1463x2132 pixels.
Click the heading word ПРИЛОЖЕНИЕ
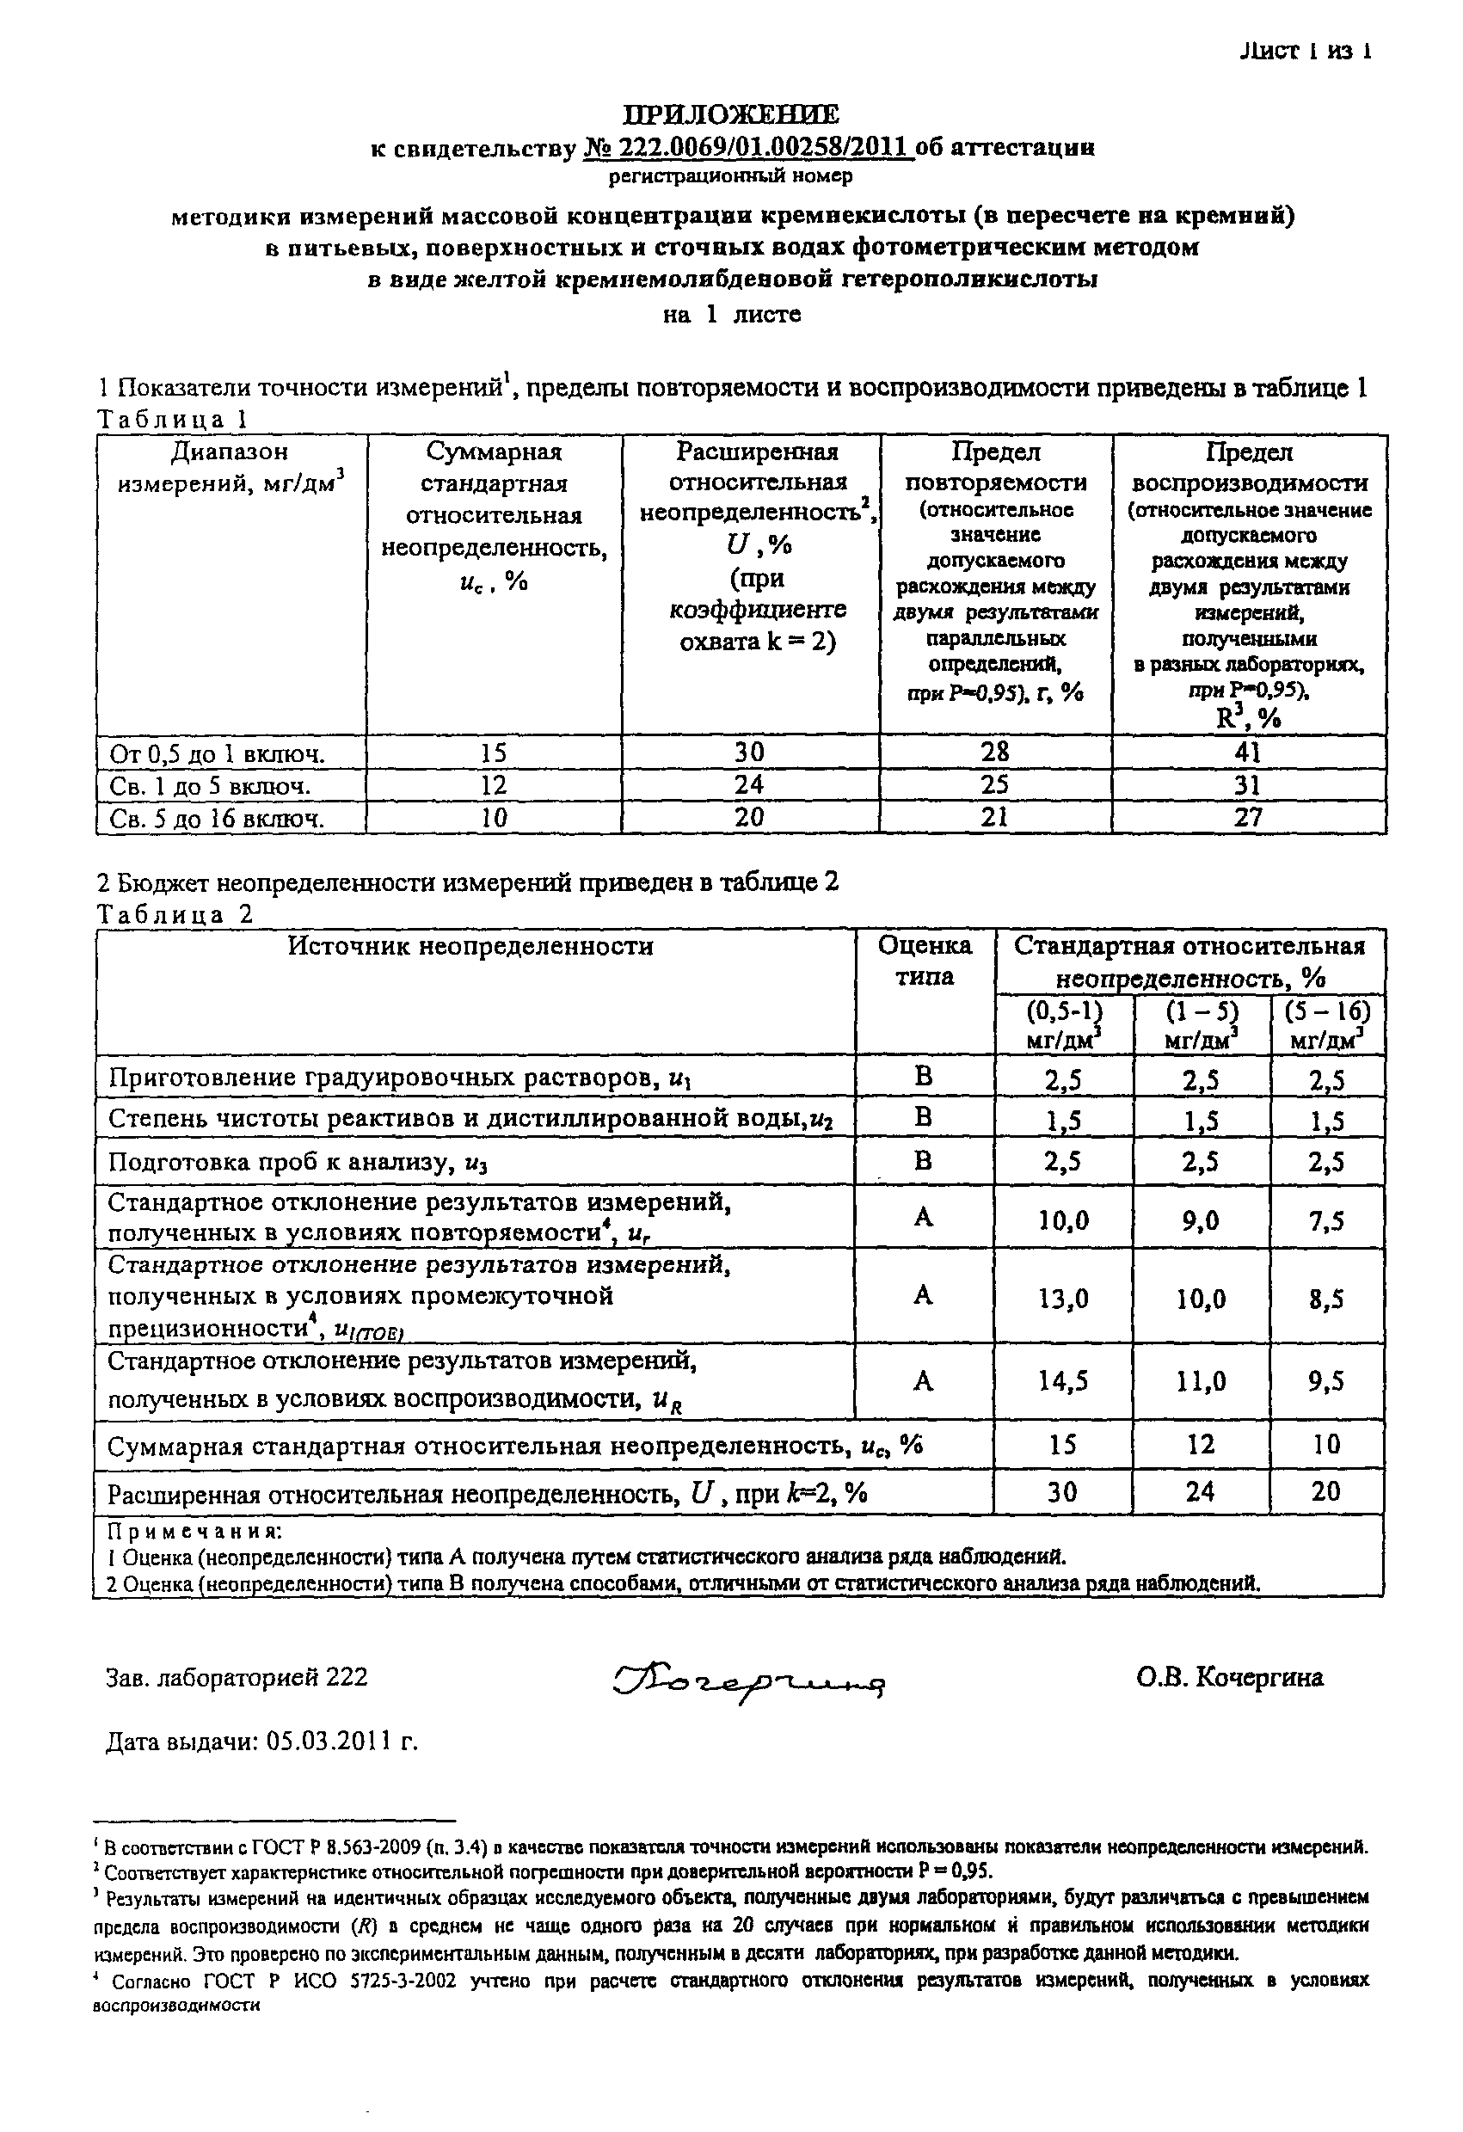731,114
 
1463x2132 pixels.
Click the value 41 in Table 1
1247,753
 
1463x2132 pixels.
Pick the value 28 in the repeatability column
995,753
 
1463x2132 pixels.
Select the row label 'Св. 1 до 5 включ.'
210,786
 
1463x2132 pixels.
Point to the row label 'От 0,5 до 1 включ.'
218,754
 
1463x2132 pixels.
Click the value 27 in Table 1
1247,817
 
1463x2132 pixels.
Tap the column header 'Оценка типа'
925,961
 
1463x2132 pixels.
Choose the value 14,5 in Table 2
1063,1381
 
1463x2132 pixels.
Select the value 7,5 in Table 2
1326,1220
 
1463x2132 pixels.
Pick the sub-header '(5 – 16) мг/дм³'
1326,1024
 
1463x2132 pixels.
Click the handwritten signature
748,1680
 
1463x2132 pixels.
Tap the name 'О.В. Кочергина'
1229,1678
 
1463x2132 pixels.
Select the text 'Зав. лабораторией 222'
237,1678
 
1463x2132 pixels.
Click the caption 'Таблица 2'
175,914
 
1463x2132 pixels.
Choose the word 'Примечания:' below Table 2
194,1532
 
